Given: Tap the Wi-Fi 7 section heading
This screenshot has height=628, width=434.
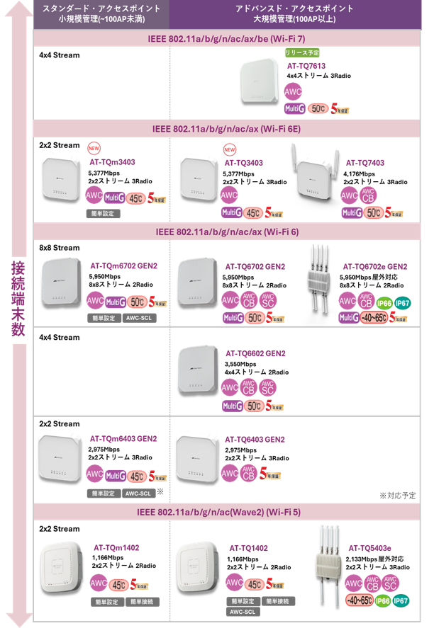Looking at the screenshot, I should pos(226,38).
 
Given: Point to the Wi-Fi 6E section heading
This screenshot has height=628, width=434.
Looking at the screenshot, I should pos(226,130).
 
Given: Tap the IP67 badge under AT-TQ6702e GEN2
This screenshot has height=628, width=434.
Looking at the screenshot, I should pos(402,302).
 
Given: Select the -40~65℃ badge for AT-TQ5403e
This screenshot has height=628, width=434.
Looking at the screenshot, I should pos(358,601).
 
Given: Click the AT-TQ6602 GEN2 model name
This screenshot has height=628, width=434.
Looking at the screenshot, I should pos(255,353).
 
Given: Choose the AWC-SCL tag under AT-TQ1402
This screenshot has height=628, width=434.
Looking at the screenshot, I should pos(243,612).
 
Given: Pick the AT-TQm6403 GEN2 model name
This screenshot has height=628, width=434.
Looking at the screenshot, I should pos(123,439).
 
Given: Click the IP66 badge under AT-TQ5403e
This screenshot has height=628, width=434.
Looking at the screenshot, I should pos(383,600).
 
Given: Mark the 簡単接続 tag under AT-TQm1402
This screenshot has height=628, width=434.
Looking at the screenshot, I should pos(143,602).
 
